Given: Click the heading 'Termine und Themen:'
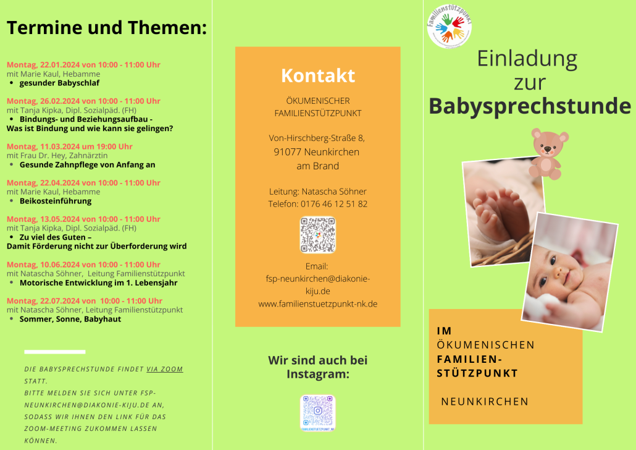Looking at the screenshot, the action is coord(107,28).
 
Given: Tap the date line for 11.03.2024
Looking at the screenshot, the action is coord(69,146).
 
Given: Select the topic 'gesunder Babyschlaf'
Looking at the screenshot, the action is coord(59,83).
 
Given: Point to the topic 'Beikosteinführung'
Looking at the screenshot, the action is coord(56,201).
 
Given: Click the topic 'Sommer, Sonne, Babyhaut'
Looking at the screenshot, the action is coord(70,319).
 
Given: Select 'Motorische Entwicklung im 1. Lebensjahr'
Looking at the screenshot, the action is coord(99,282).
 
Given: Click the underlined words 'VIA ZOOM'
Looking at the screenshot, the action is coord(165,369).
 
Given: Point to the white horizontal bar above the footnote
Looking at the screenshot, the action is coord(55,352).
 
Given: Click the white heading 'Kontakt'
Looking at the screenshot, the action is coord(318,75).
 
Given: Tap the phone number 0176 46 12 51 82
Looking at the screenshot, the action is coord(334,204).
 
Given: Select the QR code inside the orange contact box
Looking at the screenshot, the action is coord(317,235).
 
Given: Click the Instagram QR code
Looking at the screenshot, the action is coord(317,413).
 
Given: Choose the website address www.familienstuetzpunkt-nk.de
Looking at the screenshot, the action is coord(318,304).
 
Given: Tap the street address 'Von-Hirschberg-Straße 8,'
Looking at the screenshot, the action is coord(317,138).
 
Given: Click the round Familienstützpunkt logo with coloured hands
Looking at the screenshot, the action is coord(450,27).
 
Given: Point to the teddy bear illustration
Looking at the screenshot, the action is coord(548,153).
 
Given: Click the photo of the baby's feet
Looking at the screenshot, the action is coord(503,212).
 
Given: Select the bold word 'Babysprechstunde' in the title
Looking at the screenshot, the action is coord(530,106).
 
